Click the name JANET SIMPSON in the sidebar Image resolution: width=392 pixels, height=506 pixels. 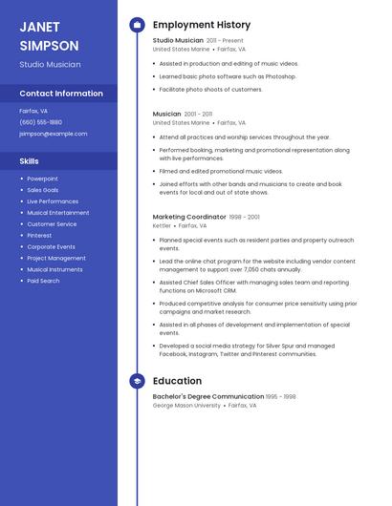pos(49,36)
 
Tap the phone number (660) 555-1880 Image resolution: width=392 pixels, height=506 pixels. pos(40,122)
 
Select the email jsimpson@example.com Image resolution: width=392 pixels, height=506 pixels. pos(53,134)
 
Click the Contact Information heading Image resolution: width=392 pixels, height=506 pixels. pos(61,94)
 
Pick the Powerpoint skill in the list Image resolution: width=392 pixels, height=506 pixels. pos(42,179)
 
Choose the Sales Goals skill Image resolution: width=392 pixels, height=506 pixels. pos(43,190)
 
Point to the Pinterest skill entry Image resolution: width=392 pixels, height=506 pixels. pos(39,235)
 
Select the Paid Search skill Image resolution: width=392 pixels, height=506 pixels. pos(43,281)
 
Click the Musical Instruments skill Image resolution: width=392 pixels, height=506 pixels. pos(54,269)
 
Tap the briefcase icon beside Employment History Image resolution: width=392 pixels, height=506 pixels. pos(137,25)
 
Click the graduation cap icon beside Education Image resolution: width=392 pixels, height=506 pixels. pos(137,381)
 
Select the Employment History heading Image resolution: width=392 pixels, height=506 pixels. pos(202,25)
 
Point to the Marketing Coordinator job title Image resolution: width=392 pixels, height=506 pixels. pos(189,217)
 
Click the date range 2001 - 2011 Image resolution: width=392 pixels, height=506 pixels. pos(199,114)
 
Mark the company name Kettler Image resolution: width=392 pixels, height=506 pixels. pos(162,226)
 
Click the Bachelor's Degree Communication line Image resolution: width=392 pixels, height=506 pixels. pos(207,396)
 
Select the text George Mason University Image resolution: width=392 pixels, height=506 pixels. pos(186,406)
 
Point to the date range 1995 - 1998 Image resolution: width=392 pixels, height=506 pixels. pos(281,396)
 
